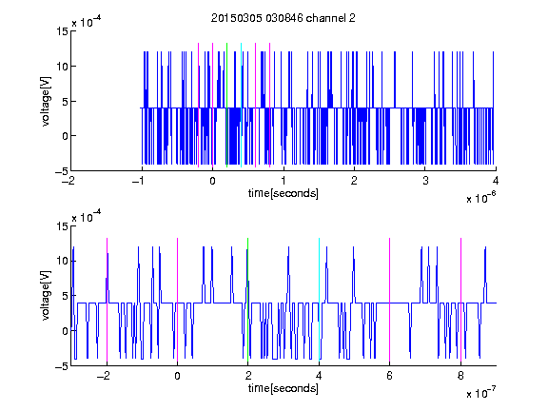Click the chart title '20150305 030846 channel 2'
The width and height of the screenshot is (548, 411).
[x=284, y=18]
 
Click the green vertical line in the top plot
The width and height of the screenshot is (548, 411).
[x=226, y=105]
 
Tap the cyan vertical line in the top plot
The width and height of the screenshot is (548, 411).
[x=241, y=105]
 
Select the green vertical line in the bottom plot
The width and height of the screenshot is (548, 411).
[x=247, y=300]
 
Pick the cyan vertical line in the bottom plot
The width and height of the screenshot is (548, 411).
[x=319, y=300]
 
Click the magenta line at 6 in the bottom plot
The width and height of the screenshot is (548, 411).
[x=390, y=300]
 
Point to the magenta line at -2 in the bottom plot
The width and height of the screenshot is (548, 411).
[x=107, y=300]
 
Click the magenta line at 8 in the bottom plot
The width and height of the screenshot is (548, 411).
[x=461, y=300]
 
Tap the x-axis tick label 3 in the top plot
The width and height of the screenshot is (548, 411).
[x=425, y=181]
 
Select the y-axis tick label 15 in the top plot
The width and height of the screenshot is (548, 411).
[x=63, y=31]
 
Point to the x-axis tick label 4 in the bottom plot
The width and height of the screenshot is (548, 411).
[x=319, y=376]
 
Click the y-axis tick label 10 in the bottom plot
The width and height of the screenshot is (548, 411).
[x=63, y=261]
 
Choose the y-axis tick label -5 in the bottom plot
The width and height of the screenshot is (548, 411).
[x=61, y=366]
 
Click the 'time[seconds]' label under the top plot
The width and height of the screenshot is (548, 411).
[x=284, y=193]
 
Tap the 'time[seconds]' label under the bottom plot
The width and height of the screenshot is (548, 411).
[x=284, y=388]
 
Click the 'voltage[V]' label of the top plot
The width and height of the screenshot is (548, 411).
[x=46, y=102]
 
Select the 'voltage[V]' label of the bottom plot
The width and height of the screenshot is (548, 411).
[x=46, y=296]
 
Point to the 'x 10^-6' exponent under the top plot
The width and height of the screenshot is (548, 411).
[x=480, y=198]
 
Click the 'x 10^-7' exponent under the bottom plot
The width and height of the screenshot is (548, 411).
[x=480, y=393]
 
